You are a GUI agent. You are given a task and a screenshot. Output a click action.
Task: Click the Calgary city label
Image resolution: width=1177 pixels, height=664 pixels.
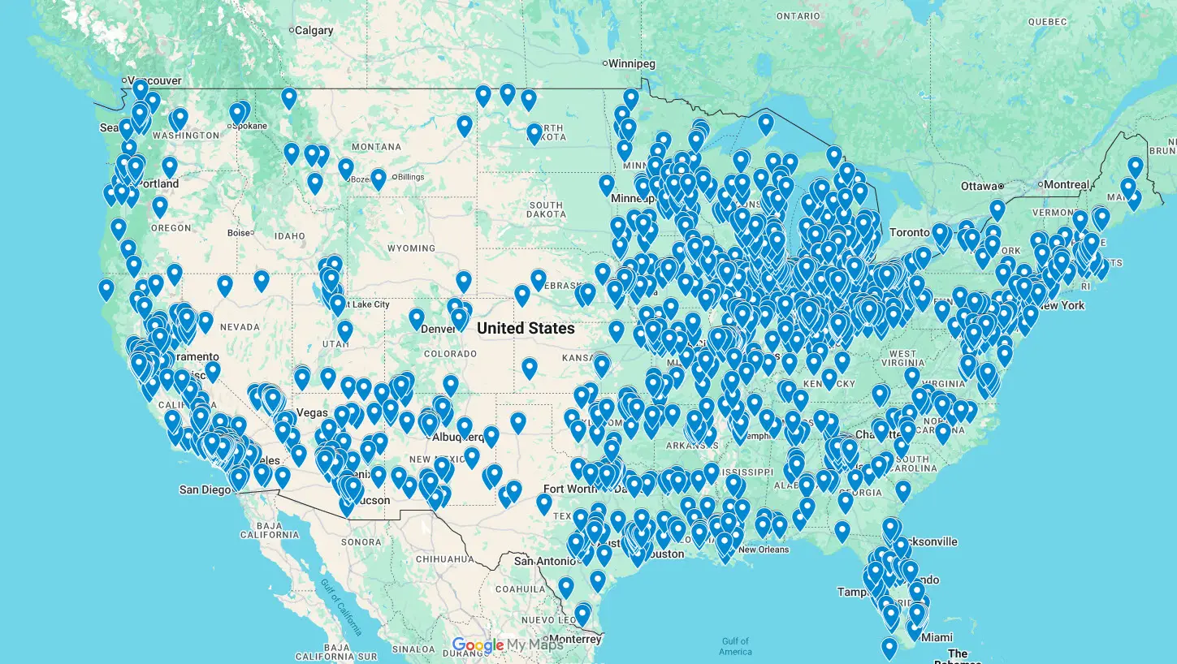coord(314,31)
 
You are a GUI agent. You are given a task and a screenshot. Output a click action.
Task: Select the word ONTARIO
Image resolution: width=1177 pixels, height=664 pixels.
coord(798,16)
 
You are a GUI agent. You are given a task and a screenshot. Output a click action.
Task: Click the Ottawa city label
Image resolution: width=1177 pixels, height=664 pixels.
coord(978,186)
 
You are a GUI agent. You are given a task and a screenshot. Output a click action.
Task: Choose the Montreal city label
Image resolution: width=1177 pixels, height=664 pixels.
coord(1066,184)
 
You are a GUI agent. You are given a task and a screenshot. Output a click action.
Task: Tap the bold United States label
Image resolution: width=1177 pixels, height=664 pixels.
coord(526,329)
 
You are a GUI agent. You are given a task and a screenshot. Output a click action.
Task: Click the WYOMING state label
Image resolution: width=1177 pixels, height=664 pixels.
coord(411,248)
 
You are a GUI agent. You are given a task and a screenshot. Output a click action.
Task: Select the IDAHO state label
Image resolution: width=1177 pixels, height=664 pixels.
coord(289,236)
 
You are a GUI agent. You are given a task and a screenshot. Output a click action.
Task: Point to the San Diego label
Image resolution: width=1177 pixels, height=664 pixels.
coord(205,489)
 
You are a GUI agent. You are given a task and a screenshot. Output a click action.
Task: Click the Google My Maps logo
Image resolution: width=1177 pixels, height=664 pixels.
coord(507,645)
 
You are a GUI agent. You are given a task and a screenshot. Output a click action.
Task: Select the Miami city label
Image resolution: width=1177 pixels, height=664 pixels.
coord(937,637)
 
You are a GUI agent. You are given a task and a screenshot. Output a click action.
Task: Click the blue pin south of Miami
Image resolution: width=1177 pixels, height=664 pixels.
coord(889,647)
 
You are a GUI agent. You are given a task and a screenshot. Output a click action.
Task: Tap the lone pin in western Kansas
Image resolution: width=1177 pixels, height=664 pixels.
coord(530,368)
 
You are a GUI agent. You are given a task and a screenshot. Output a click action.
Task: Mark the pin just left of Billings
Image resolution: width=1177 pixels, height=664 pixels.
coord(378,179)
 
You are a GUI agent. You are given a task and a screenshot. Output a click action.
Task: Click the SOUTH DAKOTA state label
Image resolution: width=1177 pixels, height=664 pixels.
coord(546,209)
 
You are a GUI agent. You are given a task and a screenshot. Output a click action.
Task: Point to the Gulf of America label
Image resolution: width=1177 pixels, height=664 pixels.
coord(735,646)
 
